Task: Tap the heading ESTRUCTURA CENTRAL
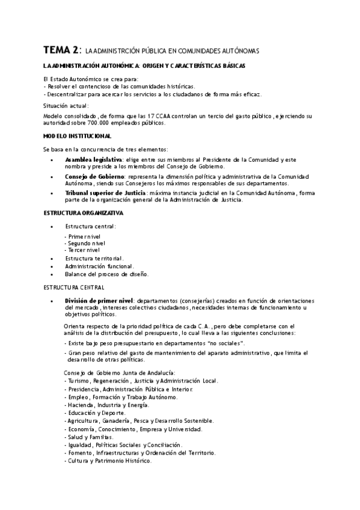[74, 287]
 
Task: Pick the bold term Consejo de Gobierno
[91, 176]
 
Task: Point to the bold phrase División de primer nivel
[99, 301]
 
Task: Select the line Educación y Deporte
[96, 413]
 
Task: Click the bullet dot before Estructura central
[52, 227]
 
